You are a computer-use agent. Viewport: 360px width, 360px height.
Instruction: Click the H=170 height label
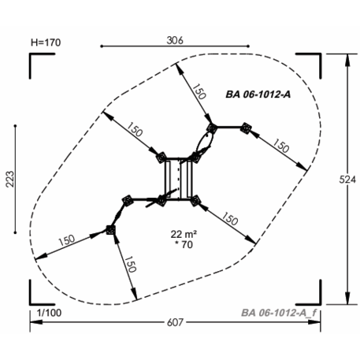(x=46, y=43)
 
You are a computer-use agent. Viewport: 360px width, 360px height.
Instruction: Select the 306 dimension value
(x=175, y=40)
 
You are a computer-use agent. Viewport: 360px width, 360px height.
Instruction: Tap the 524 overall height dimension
(x=347, y=180)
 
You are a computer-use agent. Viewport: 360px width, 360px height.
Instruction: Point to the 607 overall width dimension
(x=175, y=322)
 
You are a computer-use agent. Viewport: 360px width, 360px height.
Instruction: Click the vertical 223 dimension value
(x=10, y=179)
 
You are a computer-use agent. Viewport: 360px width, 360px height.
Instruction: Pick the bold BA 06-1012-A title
(x=258, y=95)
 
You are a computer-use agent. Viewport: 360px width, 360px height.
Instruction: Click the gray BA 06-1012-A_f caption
(x=279, y=313)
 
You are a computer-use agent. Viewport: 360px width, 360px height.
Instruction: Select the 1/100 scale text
(x=49, y=313)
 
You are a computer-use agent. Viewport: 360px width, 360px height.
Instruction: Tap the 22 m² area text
(x=184, y=234)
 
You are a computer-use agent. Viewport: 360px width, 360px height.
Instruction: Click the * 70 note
(x=184, y=244)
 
